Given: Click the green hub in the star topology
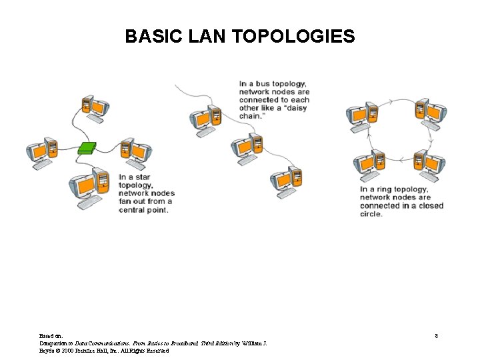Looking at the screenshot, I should click(87, 147).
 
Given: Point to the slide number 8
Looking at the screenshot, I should click(436, 336).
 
